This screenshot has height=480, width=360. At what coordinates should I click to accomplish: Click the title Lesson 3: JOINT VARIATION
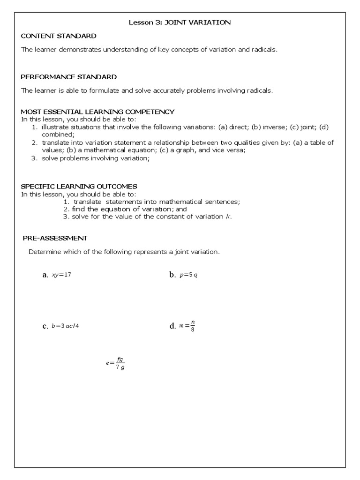click(x=180, y=22)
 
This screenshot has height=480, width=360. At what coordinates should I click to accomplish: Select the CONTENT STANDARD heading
click(x=59, y=36)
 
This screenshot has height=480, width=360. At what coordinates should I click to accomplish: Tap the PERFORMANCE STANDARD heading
click(x=69, y=76)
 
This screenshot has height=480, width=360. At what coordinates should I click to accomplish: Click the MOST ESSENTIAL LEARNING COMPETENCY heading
click(x=97, y=112)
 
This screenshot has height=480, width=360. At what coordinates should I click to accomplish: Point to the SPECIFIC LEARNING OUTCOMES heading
click(x=79, y=186)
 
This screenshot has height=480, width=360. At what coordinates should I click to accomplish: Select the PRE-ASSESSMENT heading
click(x=55, y=238)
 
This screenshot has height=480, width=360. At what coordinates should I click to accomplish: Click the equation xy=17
click(x=61, y=275)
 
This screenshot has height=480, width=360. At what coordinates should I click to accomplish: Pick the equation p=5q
click(x=188, y=275)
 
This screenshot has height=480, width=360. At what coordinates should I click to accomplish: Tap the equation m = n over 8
click(x=187, y=326)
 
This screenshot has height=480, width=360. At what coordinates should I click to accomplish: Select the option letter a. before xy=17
click(x=45, y=275)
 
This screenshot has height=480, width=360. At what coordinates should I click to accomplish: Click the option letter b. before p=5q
click(x=172, y=275)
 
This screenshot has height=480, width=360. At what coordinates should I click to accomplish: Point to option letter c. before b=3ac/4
click(x=45, y=326)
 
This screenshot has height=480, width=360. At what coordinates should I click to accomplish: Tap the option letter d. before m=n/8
click(x=172, y=326)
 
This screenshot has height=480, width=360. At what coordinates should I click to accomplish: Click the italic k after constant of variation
click(x=228, y=217)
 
